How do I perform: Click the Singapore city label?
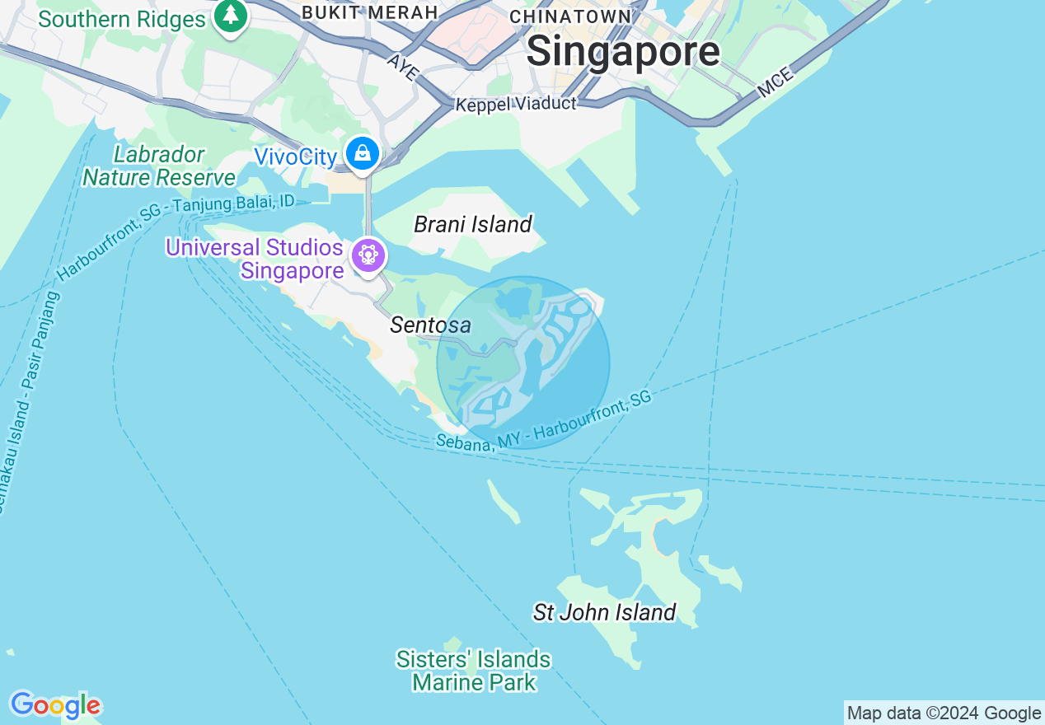[x=623, y=52]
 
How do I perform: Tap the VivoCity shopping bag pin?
[x=362, y=154]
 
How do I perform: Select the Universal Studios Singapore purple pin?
[x=368, y=255]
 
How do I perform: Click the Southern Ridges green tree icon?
[x=231, y=16]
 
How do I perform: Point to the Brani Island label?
[x=473, y=224]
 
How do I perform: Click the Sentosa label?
[x=430, y=325]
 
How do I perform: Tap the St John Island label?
[x=604, y=612]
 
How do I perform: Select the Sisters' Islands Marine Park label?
[x=473, y=671]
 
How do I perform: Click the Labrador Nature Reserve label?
[x=159, y=166]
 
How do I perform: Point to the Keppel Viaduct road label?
[x=516, y=104]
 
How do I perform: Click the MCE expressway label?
[x=775, y=82]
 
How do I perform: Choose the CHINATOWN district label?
[x=570, y=16]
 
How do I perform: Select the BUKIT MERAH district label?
[x=369, y=12]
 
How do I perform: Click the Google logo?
[x=55, y=705]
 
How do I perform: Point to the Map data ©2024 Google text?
[x=944, y=713]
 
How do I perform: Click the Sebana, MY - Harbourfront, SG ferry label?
[x=544, y=421]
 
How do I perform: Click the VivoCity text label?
[x=295, y=157]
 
